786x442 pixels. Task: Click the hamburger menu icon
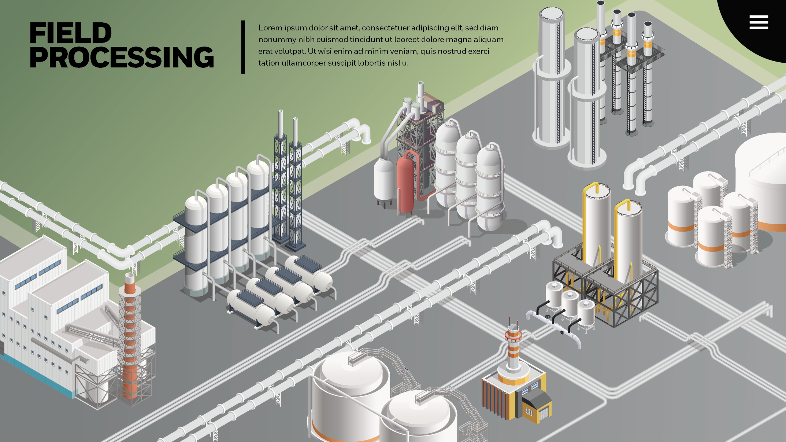tap(759, 22)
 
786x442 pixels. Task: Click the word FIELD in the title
tap(70, 33)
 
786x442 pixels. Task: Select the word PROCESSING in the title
tap(122, 57)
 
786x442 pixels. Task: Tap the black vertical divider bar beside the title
tap(243, 47)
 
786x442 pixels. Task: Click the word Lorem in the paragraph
tap(270, 28)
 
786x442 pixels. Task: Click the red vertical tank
tap(405, 185)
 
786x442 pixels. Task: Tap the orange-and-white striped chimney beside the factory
tap(130, 337)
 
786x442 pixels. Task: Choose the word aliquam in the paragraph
tap(489, 40)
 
